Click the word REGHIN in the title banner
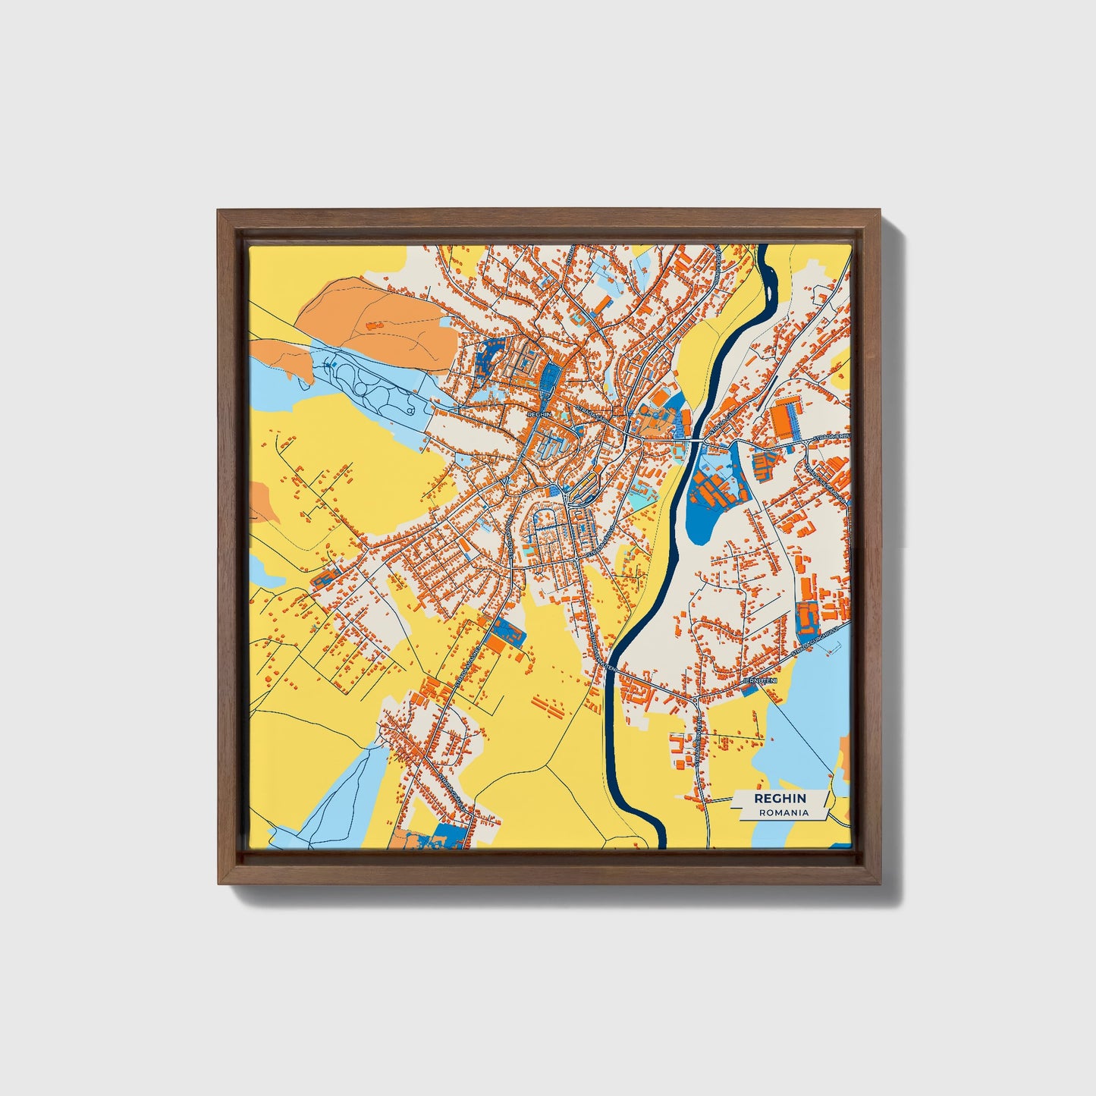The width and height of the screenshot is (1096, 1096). pos(780,799)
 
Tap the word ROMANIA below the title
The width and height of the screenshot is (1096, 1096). pos(783,812)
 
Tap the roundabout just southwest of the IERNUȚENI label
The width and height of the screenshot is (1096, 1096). pos(695,699)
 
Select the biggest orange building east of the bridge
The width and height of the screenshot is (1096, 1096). pos(784,418)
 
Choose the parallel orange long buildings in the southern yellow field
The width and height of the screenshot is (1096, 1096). pos(548,707)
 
